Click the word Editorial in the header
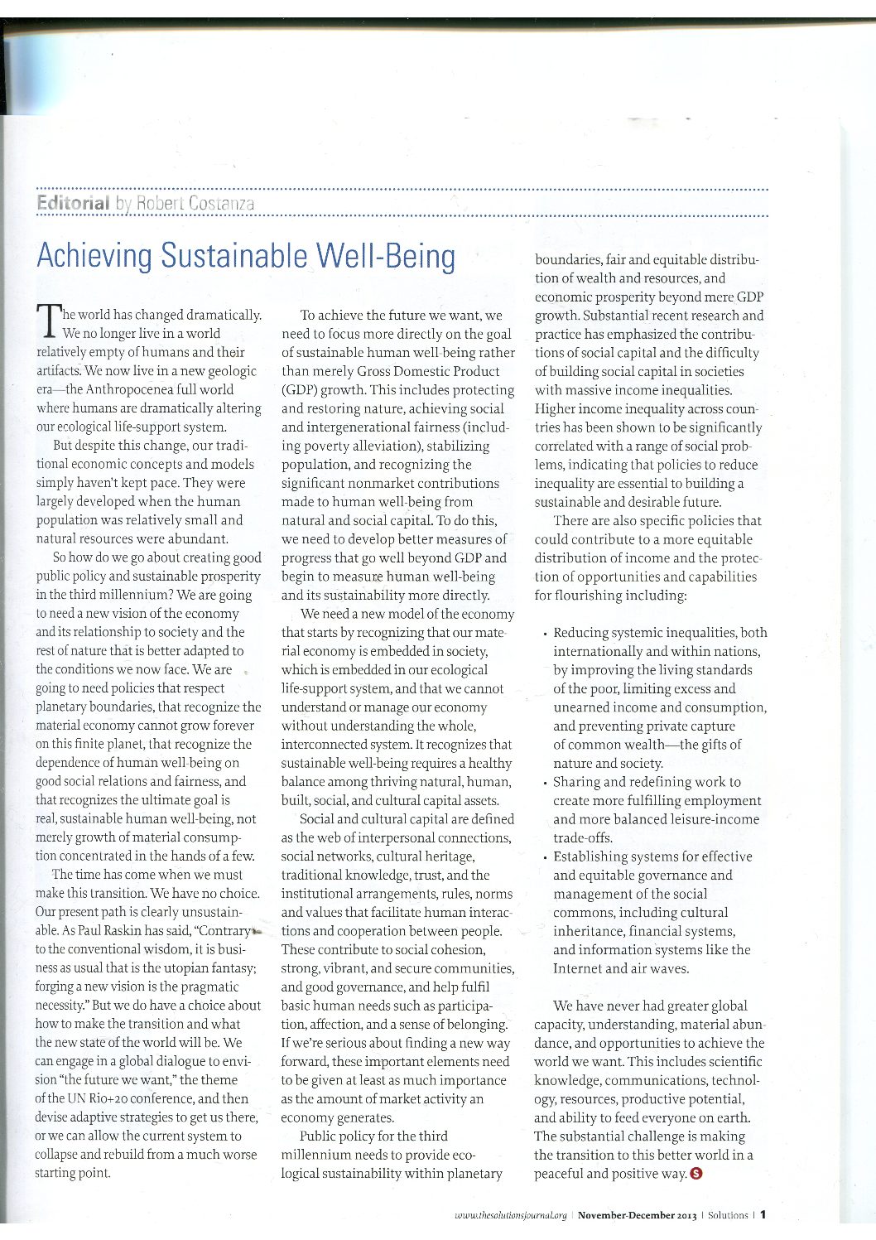[73, 203]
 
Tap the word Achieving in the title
[94, 256]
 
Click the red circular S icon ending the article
[696, 1173]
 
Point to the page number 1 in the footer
[763, 1215]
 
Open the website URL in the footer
[511, 1215]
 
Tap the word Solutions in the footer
[729, 1215]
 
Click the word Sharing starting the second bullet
[580, 782]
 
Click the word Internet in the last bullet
[579, 968]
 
